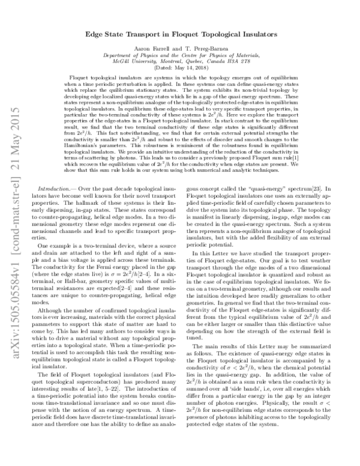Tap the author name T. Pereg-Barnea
[x=207, y=49]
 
